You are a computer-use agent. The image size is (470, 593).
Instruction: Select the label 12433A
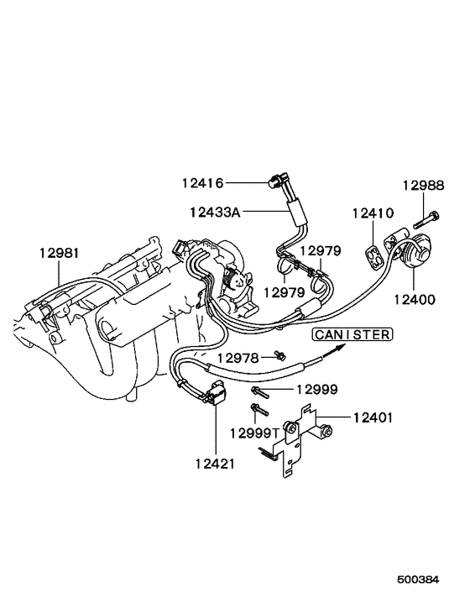pos(214,212)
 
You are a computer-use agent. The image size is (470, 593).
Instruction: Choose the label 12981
pos(59,252)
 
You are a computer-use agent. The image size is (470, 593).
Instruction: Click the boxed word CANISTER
pos(352,334)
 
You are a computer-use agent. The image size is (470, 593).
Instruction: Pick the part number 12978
pos(239,358)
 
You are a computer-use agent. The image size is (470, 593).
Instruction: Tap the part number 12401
pos(373,417)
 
